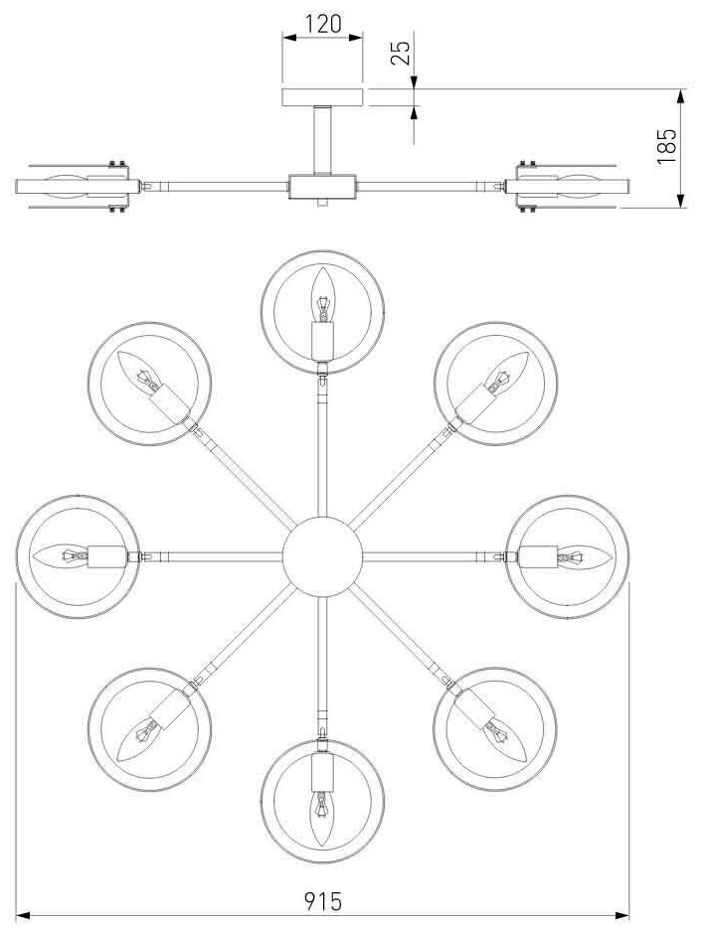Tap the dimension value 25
point(400,53)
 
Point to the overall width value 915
point(323,901)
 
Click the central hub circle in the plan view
point(321,556)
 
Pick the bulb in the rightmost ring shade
point(576,556)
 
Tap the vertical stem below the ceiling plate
point(322,139)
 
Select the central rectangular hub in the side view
point(322,186)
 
